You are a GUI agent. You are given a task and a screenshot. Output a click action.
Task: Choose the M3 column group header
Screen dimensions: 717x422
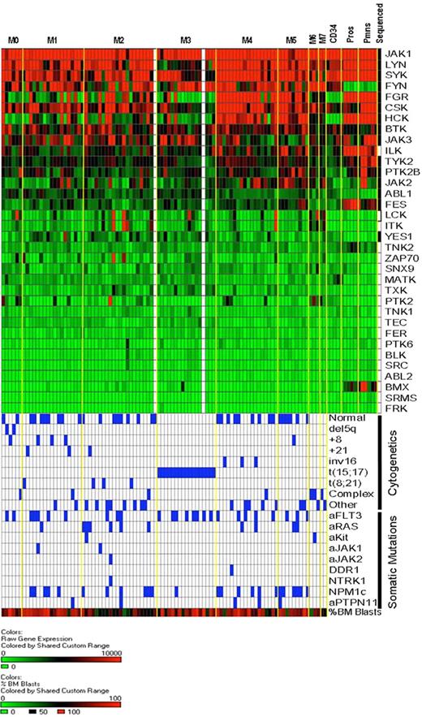(x=186, y=40)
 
